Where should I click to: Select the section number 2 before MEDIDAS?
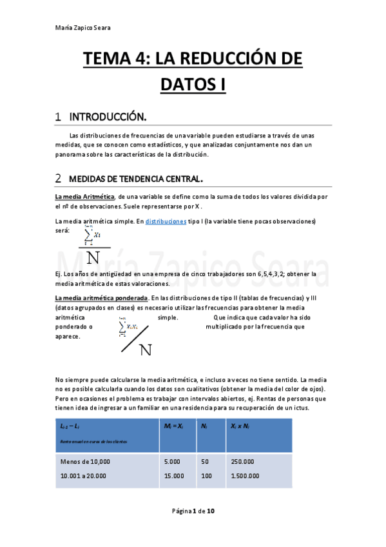point(59,177)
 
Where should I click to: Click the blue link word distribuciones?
point(166,221)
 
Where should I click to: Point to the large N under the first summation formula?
point(93,257)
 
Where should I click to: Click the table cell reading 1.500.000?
point(245,476)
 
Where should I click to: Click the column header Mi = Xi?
point(174,427)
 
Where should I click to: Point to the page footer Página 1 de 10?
point(193,511)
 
